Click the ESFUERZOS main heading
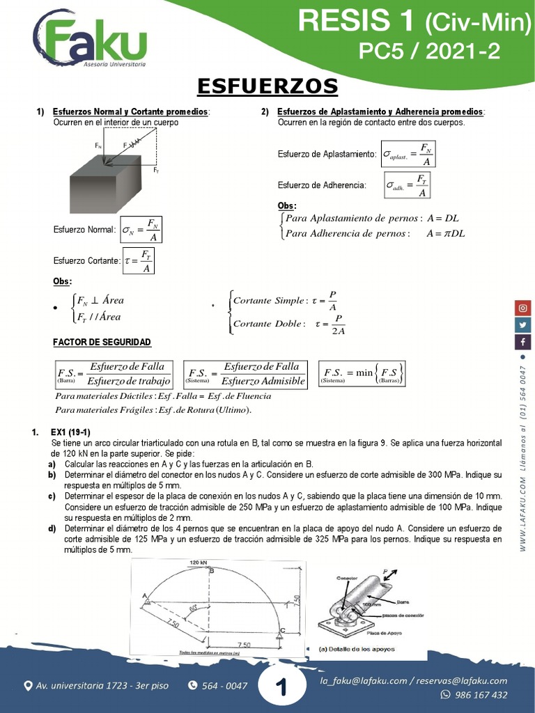tap(267, 86)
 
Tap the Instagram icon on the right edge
tap(522, 307)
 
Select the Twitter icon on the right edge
tap(522, 324)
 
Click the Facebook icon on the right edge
tap(522, 342)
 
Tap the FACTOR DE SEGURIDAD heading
tap(102, 343)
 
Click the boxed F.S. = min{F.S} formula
tap(362, 373)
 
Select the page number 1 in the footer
tap(281, 688)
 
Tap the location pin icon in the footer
tap(28, 686)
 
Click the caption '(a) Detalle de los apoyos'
tap(353, 649)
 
